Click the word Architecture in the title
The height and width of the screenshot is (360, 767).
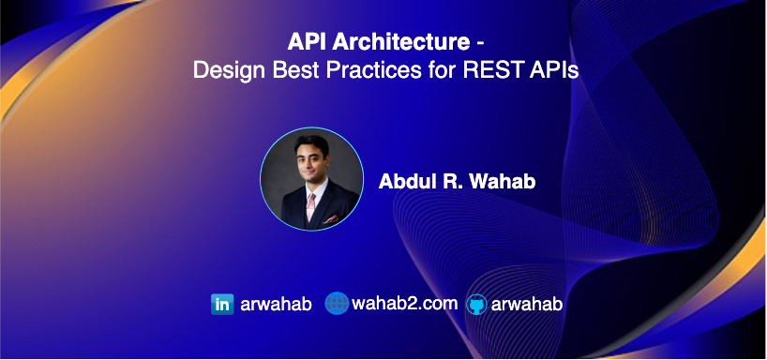tap(401, 42)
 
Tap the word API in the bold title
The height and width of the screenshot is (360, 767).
tap(308, 42)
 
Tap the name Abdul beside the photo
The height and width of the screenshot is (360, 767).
tap(402, 182)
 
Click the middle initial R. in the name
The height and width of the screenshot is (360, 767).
tap(447, 182)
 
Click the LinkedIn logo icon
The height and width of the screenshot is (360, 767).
tap(222, 305)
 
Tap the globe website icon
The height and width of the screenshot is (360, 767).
tap(337, 303)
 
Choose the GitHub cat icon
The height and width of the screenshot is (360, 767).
tap(476, 305)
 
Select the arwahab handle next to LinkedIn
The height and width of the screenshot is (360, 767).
tap(276, 305)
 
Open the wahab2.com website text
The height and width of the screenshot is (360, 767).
tap(404, 304)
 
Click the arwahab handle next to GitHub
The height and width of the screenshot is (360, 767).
tap(527, 305)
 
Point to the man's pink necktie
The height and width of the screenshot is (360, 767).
tap(311, 207)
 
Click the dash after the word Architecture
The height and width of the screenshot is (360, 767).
tap(480, 44)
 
